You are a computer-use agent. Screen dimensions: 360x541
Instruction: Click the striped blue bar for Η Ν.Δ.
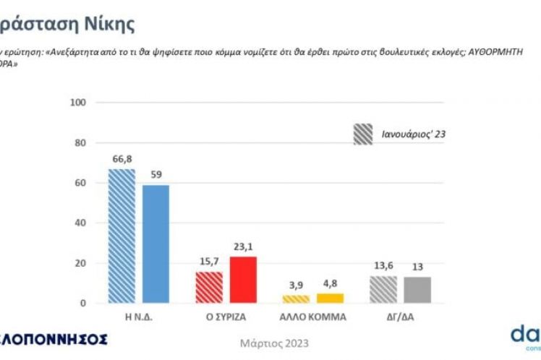tap(122, 236)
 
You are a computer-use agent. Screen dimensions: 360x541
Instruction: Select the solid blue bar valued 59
tap(156, 244)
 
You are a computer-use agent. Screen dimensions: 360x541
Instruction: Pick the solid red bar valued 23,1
tap(243, 280)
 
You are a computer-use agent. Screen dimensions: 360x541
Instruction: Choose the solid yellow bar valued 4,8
tap(331, 298)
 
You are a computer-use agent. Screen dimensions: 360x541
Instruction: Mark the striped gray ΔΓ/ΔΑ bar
tap(383, 289)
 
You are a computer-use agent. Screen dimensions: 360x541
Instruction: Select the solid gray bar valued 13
tap(418, 290)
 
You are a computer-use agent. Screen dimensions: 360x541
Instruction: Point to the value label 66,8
tap(121, 159)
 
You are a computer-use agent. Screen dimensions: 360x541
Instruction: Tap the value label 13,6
tap(383, 266)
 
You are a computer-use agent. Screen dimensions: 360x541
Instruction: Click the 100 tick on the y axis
tap(79, 103)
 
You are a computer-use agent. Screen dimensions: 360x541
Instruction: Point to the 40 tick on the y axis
tap(81, 223)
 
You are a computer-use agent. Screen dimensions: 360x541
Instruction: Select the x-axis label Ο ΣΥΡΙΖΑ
tap(226, 316)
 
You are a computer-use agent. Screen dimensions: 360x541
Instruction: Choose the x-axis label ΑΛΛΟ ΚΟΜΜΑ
tap(313, 316)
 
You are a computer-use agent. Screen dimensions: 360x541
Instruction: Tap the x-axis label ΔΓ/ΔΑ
tap(401, 316)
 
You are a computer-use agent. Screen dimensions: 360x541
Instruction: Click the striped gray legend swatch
tap(363, 134)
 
